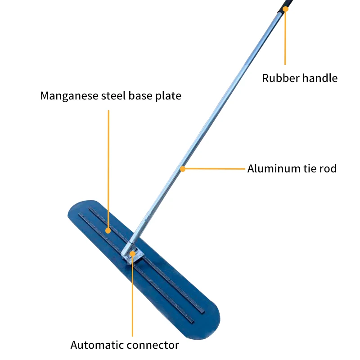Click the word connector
tap(152, 346)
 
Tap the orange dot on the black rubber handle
tap(285, 9)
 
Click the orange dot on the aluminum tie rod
tap(183, 169)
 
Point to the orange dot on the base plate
tap(108, 230)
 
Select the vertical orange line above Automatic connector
tap(133, 297)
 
